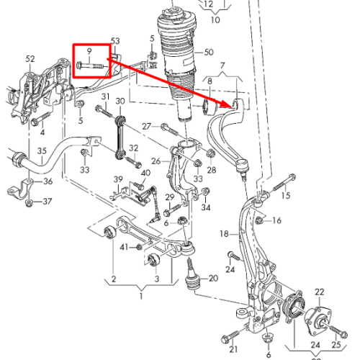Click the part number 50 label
click(x=209, y=52)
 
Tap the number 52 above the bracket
click(x=30, y=59)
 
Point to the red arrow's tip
click(x=230, y=105)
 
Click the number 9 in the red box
click(x=89, y=51)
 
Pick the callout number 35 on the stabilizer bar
click(x=42, y=151)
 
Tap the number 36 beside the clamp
click(x=48, y=181)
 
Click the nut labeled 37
click(x=29, y=204)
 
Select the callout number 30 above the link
click(x=120, y=101)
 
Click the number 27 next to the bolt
click(x=147, y=126)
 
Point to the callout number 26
click(x=156, y=161)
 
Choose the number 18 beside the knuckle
click(x=224, y=233)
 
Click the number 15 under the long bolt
click(x=286, y=195)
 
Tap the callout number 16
click(x=277, y=220)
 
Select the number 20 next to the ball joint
click(x=213, y=278)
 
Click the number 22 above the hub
click(x=320, y=292)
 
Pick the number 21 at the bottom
click(x=233, y=349)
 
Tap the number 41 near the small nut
click(x=124, y=247)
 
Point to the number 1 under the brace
click(x=141, y=296)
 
